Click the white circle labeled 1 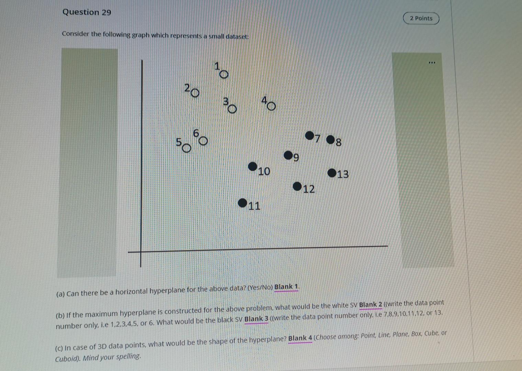click(x=224, y=75)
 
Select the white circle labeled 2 click(x=195, y=93)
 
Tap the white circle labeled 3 click(x=233, y=109)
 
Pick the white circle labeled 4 click(x=271, y=106)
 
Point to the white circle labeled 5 click(x=186, y=148)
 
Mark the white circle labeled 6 click(x=203, y=141)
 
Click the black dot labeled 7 click(x=309, y=136)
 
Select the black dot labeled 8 click(x=331, y=139)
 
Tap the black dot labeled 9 click(x=288, y=155)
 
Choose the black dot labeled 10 click(x=253, y=167)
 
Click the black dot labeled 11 click(x=243, y=203)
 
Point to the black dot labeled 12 click(x=297, y=187)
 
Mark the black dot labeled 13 click(x=332, y=173)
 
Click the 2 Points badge click(x=421, y=18)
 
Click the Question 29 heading click(x=87, y=12)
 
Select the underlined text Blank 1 click(x=286, y=287)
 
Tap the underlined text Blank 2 click(x=370, y=305)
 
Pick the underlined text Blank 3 click(x=256, y=319)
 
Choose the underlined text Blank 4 click(x=300, y=338)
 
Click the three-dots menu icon click(x=432, y=63)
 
